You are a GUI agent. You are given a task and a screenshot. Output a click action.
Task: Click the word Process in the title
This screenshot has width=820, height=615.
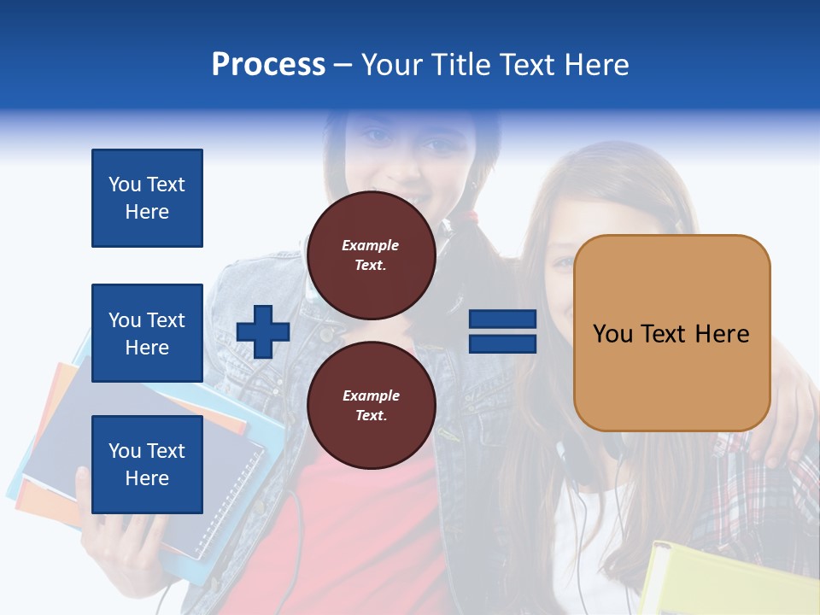268,65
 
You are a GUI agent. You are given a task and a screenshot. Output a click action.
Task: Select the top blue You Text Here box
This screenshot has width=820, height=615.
147,198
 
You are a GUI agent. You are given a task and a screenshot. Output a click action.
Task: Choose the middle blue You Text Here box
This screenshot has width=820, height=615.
147,333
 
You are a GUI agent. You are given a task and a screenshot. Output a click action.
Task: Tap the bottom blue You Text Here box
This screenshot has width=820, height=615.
147,464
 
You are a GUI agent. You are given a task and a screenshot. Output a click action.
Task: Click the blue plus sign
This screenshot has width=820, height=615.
263,331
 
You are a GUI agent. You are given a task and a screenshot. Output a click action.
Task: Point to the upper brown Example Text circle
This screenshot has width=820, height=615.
371,255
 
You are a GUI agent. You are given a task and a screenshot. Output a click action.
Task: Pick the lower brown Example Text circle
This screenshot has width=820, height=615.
371,406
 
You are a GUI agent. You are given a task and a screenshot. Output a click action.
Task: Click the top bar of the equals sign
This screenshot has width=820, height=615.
502,319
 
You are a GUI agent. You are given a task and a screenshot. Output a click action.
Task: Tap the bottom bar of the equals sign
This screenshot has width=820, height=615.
502,343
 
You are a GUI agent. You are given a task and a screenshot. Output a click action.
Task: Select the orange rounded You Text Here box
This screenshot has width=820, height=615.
671,333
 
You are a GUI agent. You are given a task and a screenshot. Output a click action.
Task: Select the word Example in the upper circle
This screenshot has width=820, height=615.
371,246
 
